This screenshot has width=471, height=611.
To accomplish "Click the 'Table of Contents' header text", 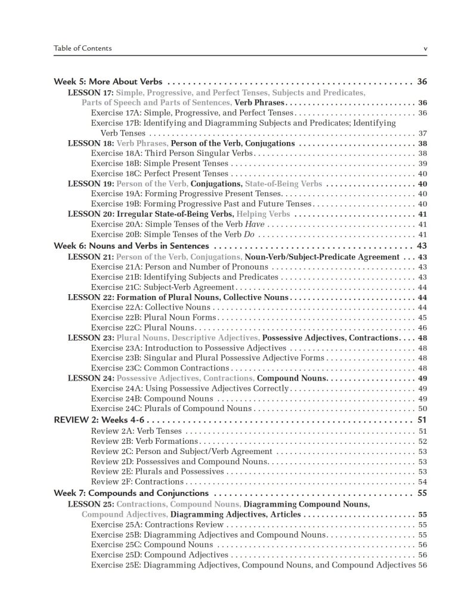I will click(x=82, y=48).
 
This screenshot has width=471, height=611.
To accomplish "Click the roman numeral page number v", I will click(x=424, y=48).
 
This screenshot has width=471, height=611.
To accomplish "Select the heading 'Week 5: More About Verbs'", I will click(x=109, y=82).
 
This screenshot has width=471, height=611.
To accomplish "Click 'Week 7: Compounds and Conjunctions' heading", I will click(x=131, y=493).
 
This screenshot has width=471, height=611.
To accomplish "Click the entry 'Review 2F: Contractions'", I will click(x=137, y=482).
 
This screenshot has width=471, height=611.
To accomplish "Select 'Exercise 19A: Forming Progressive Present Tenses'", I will click(x=187, y=194).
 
